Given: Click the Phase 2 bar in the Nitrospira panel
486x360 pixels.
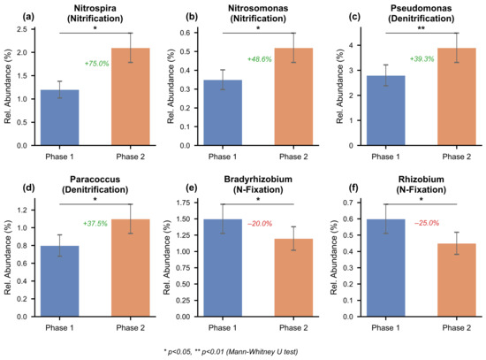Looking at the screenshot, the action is pos(131,96).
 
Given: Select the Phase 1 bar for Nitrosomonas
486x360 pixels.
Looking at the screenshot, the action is pos(223,112).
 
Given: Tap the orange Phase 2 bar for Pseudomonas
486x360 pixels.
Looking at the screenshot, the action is pos(457,96).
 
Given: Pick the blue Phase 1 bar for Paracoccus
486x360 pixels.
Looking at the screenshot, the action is pos(59,281).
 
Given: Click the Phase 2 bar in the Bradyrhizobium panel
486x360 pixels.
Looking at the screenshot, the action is pos(293,278).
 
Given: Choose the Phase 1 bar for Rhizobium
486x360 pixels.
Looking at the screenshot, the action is pos(385,268).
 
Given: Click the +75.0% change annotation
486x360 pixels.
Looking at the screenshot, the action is pos(96,64).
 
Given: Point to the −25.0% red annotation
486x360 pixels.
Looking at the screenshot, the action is pos(427,223).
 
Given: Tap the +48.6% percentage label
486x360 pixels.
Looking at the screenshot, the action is pos(260,59).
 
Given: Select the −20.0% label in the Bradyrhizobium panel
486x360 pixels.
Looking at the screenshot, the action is pos(260,224).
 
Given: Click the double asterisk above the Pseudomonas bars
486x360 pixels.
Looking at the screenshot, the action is pos(421,28).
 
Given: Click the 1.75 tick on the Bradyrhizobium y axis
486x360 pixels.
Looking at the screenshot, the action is pos(183,203).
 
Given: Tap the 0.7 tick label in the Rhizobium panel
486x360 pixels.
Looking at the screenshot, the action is pos(347,203).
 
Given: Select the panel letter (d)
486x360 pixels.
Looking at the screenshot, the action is pos(28,188).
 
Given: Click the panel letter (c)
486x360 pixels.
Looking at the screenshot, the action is pos(354,17).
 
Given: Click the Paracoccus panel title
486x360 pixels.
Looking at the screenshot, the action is pos(95,184).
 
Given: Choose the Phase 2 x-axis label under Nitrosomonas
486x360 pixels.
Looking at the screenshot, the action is pos(293,157).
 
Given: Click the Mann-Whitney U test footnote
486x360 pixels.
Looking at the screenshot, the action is pos(231,352).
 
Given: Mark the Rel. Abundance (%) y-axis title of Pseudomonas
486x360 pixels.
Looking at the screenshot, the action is pos(340,87).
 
